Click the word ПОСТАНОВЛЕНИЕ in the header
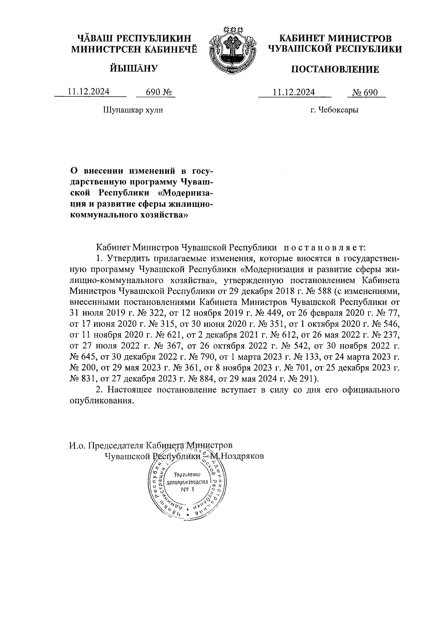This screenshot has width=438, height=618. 335,69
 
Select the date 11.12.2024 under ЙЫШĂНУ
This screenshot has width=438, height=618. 89,92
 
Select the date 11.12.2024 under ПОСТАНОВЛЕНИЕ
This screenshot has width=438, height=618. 294,92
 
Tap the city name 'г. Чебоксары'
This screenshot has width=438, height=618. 334,110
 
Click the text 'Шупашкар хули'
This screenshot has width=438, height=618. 133,110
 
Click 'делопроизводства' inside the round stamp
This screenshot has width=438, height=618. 188,482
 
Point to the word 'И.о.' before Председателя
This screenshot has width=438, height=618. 77,446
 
